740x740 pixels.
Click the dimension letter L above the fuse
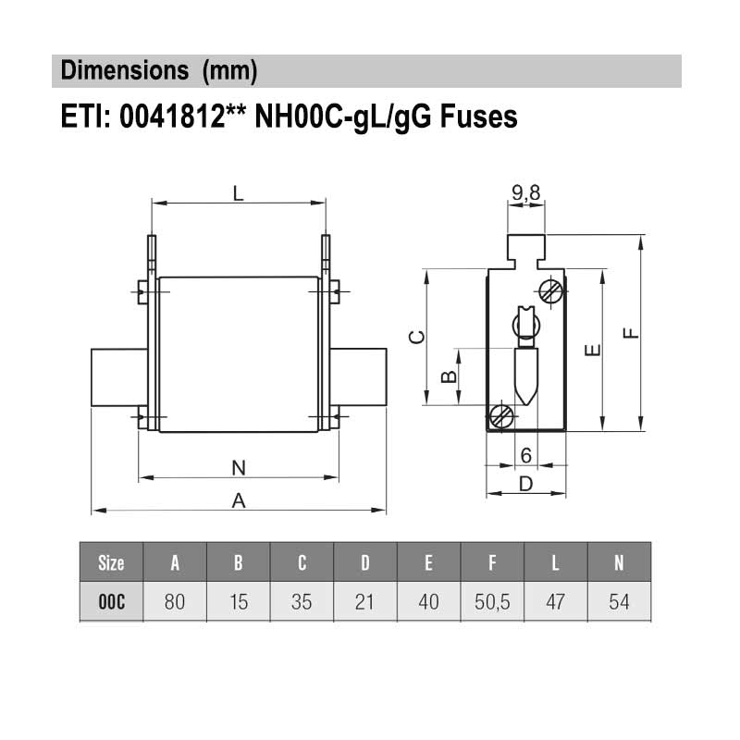pyautogui.click(x=238, y=193)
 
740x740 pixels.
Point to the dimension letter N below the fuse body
pyautogui.click(x=238, y=468)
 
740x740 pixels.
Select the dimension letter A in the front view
pyautogui.click(x=238, y=500)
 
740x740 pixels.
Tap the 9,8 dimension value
pyautogui.click(x=525, y=193)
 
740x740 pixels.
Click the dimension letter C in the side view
pyautogui.click(x=417, y=338)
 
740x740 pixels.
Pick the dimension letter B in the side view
pyautogui.click(x=448, y=376)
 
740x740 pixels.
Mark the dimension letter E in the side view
pyautogui.click(x=594, y=350)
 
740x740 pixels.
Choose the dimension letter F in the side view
pyautogui.click(x=632, y=333)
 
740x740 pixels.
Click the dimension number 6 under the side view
pyautogui.click(x=525, y=455)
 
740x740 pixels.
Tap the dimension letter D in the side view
pyautogui.click(x=525, y=483)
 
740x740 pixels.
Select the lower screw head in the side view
pyautogui.click(x=502, y=416)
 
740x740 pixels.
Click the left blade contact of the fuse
pyautogui.click(x=118, y=376)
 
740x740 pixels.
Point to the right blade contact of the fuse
pyautogui.click(x=359, y=376)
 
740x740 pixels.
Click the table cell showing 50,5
pyautogui.click(x=492, y=602)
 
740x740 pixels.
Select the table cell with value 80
pyautogui.click(x=175, y=602)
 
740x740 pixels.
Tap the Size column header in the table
pyautogui.click(x=111, y=562)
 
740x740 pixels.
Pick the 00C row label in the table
pyautogui.click(x=111, y=602)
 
